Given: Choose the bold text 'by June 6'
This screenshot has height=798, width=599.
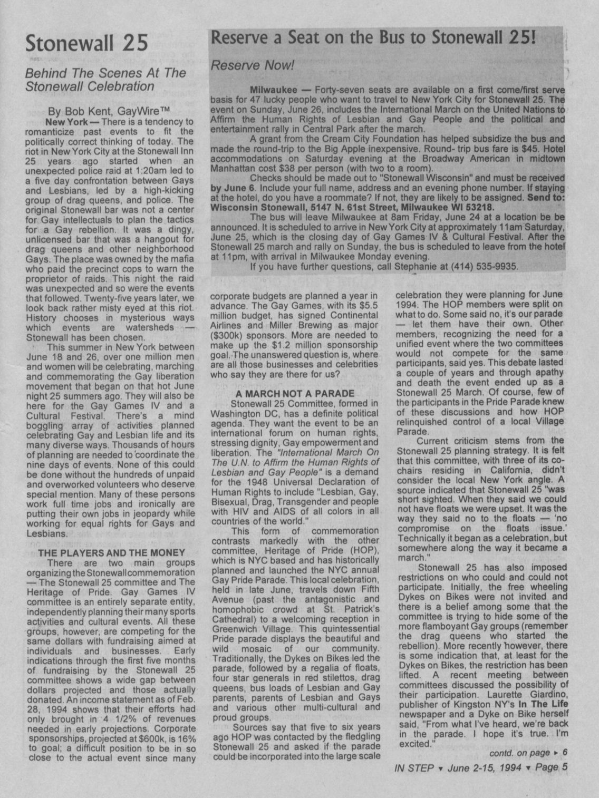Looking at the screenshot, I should [232, 188].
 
